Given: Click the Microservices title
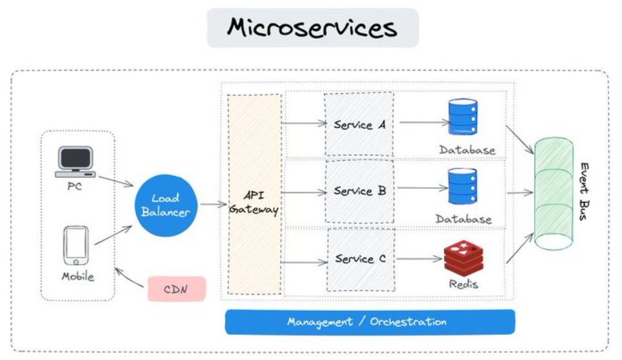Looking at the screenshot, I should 312,28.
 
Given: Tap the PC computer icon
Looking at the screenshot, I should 75,162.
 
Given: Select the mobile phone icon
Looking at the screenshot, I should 76,245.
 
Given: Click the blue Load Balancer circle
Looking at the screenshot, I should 165,205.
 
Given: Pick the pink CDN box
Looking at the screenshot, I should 176,289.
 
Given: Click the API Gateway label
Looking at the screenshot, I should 254,202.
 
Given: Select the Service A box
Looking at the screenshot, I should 359,124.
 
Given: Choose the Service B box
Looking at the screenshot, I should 360,192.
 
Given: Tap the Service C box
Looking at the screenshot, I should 360,259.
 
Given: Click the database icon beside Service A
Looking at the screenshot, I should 463,117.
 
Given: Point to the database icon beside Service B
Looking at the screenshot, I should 462,186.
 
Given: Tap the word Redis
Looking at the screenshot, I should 463,284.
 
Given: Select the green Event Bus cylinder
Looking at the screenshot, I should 553,194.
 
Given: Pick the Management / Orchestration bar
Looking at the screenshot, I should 370,322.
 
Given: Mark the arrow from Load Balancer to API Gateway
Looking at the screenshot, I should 214,205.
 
